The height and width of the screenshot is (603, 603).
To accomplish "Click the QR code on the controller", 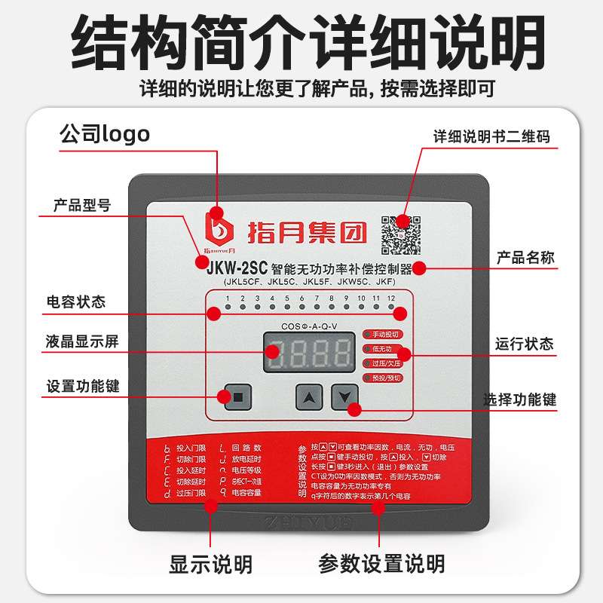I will point(400,234).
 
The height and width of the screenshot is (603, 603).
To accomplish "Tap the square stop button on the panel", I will point(238,396).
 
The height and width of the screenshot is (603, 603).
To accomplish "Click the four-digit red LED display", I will point(310,353).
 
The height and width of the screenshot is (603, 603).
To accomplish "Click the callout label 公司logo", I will point(105,134).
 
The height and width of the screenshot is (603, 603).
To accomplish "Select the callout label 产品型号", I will point(82,205).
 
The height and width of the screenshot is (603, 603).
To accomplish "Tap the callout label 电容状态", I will point(75,302).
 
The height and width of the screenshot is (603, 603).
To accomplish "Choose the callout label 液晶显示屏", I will point(81,341).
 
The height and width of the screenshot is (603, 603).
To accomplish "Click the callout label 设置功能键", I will point(82,387).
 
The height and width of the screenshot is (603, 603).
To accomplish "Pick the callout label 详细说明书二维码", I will point(491,137).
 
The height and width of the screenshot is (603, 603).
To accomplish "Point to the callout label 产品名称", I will point(525,258).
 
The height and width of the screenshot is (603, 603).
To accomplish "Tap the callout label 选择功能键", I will point(519,399).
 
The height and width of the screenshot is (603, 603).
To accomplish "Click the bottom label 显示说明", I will point(210,563).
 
